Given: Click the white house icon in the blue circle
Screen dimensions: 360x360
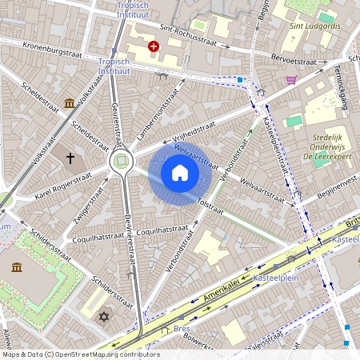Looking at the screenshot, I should coord(180,173).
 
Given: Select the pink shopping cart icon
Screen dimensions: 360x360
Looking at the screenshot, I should coord(291,80).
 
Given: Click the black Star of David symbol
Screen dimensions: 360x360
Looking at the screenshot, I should coord(102,318).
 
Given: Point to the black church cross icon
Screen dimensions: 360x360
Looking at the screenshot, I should coord(70,158).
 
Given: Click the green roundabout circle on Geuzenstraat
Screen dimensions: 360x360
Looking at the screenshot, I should coord(121,162).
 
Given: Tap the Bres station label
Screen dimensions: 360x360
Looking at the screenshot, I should coord(182,329).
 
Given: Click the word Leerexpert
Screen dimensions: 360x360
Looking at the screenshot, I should coord(338,158).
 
